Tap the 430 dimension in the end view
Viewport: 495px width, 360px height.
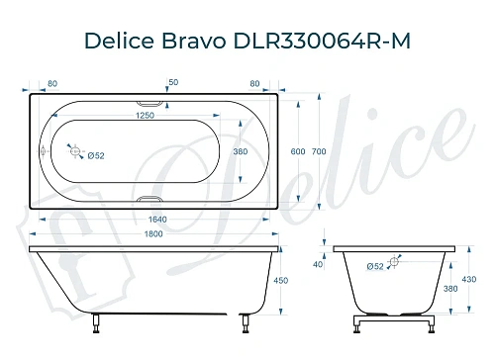click(469, 280)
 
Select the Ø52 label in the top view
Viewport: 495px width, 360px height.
click(95, 156)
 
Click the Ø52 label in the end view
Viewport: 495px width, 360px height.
click(375, 265)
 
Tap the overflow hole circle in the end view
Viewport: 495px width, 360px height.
click(395, 262)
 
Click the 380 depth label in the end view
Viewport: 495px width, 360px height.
click(450, 291)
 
